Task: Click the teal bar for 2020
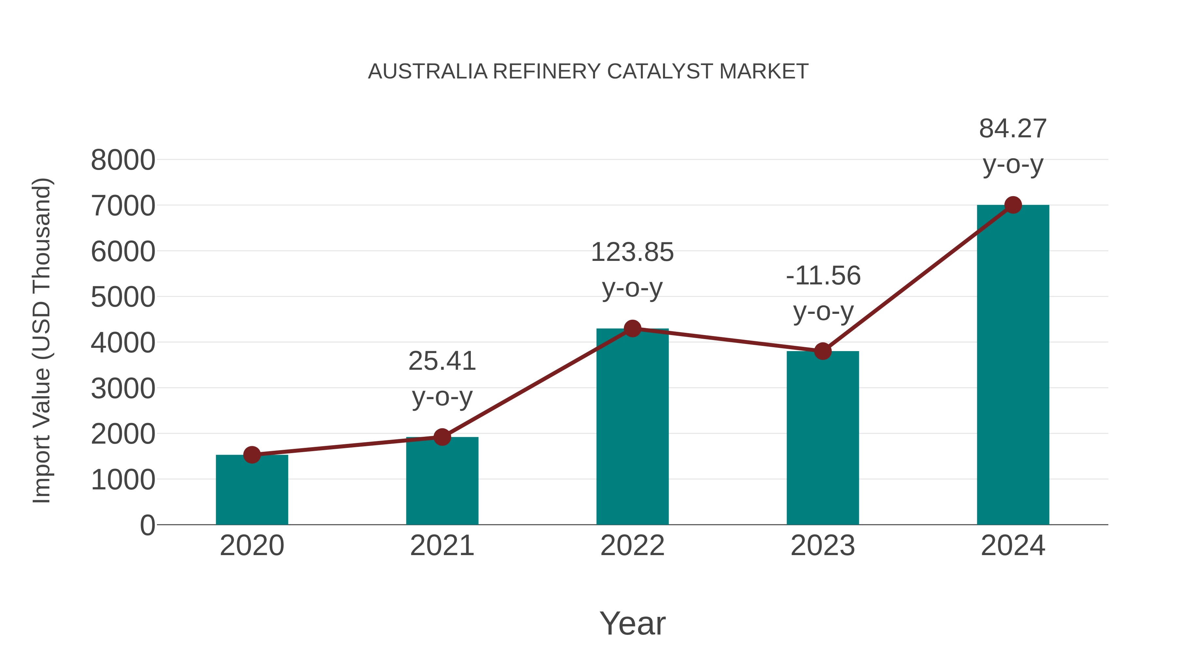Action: pos(252,491)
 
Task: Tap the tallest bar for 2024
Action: pos(1013,365)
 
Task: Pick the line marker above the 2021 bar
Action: pos(442,437)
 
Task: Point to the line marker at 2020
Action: pos(252,455)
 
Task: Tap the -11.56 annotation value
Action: pos(823,276)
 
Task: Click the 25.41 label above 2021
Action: pos(442,361)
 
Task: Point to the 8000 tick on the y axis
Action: pos(123,161)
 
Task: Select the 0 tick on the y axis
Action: pos(147,525)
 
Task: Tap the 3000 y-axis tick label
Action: pos(123,389)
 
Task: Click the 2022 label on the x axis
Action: pos(632,546)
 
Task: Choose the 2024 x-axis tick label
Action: pos(1013,546)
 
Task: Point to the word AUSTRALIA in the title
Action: pos(428,72)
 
